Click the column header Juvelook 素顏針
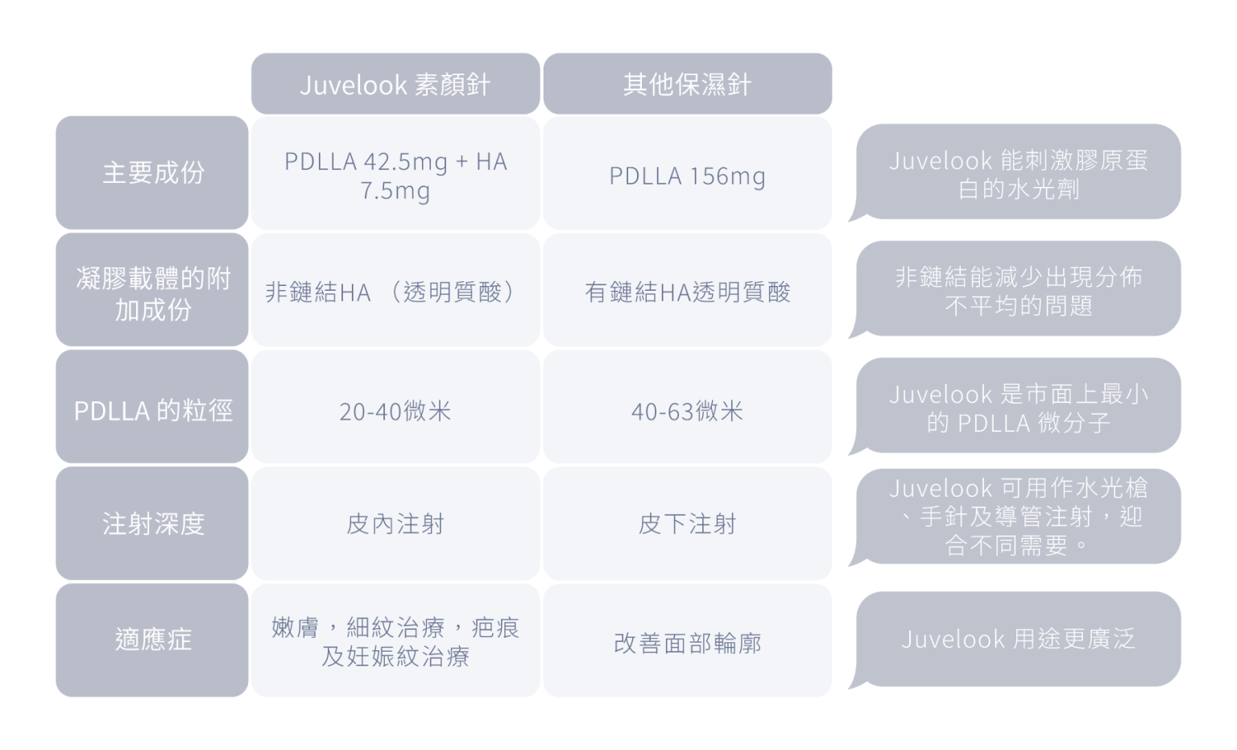point(395,84)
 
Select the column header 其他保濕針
point(688,84)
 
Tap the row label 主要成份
point(152,172)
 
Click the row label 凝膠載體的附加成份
point(152,289)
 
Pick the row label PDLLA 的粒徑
point(152,407)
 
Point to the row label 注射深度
point(152,524)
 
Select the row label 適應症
point(152,640)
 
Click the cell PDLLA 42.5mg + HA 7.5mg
point(395,172)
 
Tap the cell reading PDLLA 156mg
point(688,172)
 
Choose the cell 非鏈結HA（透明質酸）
point(395,289)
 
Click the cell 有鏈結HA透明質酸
point(688,289)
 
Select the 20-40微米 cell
point(395,407)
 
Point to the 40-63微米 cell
point(688,407)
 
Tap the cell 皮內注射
point(395,524)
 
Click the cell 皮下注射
point(688,524)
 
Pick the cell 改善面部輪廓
point(688,640)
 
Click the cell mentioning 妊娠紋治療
point(395,640)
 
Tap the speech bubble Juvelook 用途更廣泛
point(1018,639)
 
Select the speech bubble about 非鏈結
point(1018,289)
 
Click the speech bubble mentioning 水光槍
point(1018,516)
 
